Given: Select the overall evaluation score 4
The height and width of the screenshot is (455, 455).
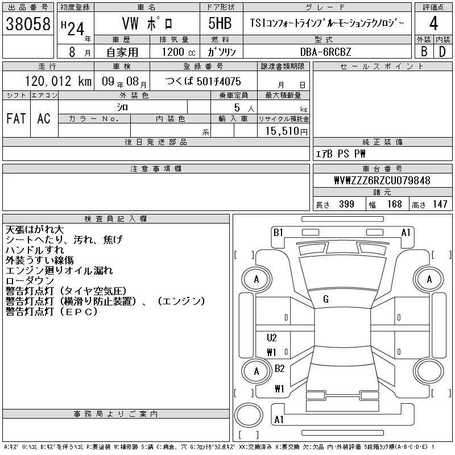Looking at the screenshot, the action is click(x=433, y=24).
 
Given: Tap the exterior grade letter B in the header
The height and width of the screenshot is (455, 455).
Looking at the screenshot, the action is click(x=424, y=51).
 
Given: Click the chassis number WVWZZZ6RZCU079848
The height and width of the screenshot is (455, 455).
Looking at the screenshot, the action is click(x=382, y=181).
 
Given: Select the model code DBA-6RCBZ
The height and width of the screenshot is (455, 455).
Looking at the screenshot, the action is click(x=326, y=52).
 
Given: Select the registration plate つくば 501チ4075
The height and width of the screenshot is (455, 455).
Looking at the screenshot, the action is click(x=203, y=81).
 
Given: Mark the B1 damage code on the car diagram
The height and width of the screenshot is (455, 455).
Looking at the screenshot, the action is click(x=278, y=232).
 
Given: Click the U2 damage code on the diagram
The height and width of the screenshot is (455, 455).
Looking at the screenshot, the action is click(x=272, y=338).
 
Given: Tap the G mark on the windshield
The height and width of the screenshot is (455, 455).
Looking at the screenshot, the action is click(x=325, y=299).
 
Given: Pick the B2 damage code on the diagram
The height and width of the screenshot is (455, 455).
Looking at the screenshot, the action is click(x=279, y=369).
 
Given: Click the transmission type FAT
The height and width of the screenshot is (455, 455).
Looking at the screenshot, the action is click(x=16, y=118).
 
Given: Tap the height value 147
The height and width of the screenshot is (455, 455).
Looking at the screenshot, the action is click(x=440, y=204).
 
